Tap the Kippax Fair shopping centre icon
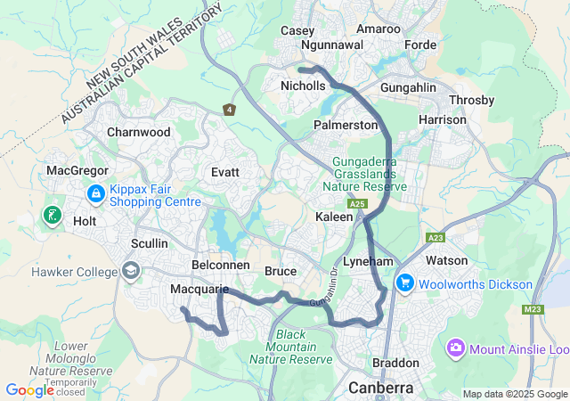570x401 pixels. click(x=95, y=192)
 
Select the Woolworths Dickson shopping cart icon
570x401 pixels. click(x=405, y=282)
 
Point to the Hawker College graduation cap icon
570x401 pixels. click(x=131, y=270)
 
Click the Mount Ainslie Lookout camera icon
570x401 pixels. click(x=456, y=347)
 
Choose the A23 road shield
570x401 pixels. click(x=436, y=238)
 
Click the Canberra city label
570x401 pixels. click(x=382, y=389)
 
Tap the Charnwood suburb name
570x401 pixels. click(x=138, y=132)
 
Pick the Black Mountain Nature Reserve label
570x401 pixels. click(x=290, y=347)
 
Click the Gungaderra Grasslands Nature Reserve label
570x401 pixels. click(x=369, y=175)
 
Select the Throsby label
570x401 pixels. click(x=472, y=100)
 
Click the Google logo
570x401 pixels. click(x=29, y=389)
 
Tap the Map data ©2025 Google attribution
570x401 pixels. click(x=514, y=394)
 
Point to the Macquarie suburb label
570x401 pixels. click(x=199, y=290)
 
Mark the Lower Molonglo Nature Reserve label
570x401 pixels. click(x=59, y=357)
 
